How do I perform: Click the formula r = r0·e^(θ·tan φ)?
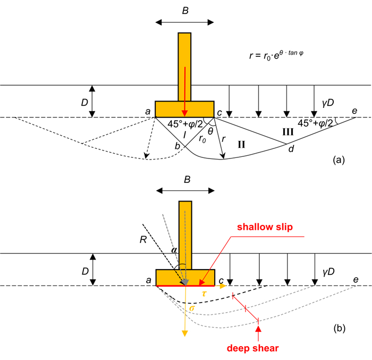click(276, 55)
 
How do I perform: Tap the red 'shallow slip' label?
click(265, 227)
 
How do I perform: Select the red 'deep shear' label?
click(252, 348)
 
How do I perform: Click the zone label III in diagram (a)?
click(288, 131)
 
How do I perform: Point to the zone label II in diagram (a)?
click(241, 145)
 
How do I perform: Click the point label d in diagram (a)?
click(291, 149)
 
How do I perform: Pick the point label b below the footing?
click(177, 146)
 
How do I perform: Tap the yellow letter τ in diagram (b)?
click(204, 294)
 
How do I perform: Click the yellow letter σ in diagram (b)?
click(192, 308)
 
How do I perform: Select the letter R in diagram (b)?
click(143, 240)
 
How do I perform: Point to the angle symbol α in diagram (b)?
click(174, 250)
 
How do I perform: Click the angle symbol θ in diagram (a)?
click(210, 131)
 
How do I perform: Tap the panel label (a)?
click(339, 160)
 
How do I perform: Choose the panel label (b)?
click(339, 328)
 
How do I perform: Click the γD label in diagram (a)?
click(328, 103)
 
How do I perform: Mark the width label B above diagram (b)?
click(187, 179)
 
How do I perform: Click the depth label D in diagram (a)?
click(84, 103)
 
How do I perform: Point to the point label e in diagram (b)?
click(356, 280)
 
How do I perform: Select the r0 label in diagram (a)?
click(202, 139)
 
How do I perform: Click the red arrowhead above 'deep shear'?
click(258, 329)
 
